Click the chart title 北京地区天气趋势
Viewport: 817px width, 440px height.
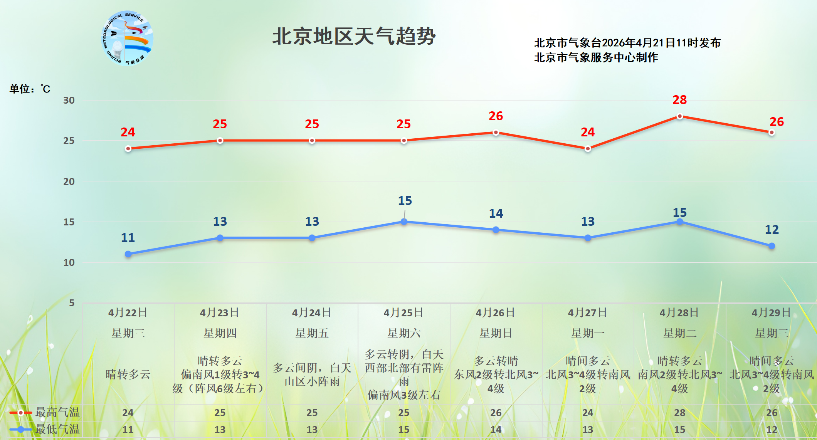[x=354, y=37]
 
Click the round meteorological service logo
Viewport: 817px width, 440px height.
[x=127, y=38]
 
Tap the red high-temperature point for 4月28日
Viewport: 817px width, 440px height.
[x=680, y=116]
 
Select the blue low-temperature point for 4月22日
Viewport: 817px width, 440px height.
[x=128, y=254]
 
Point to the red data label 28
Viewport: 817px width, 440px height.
[x=680, y=100]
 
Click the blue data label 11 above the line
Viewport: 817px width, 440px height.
[x=128, y=238]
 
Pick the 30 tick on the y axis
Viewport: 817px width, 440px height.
[x=69, y=100]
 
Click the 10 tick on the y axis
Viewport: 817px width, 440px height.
[x=69, y=262]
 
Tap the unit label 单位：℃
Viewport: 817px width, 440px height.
[x=30, y=89]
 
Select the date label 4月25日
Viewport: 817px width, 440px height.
[x=403, y=312]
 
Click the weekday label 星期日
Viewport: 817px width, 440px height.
[x=496, y=333]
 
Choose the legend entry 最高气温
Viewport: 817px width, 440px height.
[x=57, y=412]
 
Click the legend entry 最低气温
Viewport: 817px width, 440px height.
[x=57, y=429]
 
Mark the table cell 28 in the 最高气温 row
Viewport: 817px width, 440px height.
[x=680, y=413]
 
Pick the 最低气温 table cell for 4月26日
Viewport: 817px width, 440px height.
[x=496, y=429]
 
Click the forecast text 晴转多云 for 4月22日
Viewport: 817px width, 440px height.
[x=128, y=374]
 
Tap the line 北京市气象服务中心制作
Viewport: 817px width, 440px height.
[x=596, y=57]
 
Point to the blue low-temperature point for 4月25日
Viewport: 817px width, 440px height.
[x=404, y=222]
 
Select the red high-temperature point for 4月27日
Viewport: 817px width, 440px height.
[x=588, y=149]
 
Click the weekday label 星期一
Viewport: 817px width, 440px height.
[x=588, y=333]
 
